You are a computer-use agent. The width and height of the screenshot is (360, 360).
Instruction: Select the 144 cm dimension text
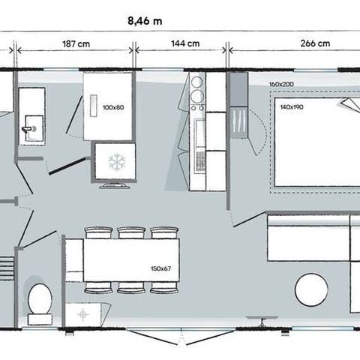tap(184, 43)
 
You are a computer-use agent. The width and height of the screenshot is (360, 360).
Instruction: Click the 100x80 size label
tap(112, 107)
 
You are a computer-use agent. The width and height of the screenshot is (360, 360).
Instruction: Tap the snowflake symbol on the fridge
tap(115, 161)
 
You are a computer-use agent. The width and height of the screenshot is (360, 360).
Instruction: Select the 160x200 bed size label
tap(283, 85)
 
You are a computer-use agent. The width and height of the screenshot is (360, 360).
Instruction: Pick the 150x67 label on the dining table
tap(160, 268)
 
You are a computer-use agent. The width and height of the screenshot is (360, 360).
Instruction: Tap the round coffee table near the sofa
tap(310, 289)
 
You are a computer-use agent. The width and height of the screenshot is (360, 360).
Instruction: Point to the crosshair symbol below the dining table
tap(82, 312)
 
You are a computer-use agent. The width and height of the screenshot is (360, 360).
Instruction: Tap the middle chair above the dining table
tap(131, 233)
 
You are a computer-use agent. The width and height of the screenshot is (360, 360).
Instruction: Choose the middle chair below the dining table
tap(131, 288)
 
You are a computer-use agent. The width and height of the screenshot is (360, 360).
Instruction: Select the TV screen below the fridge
tap(114, 184)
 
